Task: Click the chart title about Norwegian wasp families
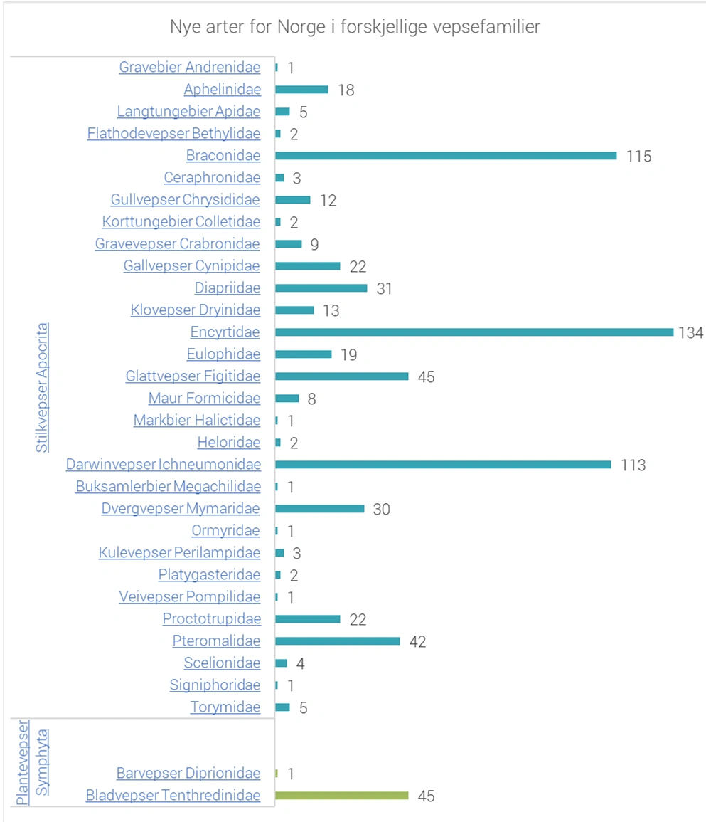pyautogui.click(x=355, y=27)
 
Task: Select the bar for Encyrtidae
pyautogui.click(x=474, y=332)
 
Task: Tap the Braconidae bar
pyautogui.click(x=446, y=156)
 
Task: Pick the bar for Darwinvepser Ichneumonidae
pyautogui.click(x=443, y=465)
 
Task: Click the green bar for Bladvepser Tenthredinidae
pyautogui.click(x=342, y=796)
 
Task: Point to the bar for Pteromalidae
pyautogui.click(x=338, y=641)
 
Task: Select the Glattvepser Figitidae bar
pyautogui.click(x=342, y=376)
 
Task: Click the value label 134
pyautogui.click(x=690, y=333)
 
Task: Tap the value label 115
pyautogui.click(x=638, y=157)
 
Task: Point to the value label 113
pyautogui.click(x=633, y=465)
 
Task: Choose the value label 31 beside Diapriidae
pyautogui.click(x=385, y=289)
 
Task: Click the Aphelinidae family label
pyautogui.click(x=222, y=90)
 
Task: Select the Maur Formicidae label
pyautogui.click(x=204, y=399)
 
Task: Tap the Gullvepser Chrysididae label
pyautogui.click(x=185, y=200)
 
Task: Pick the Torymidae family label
pyautogui.click(x=225, y=707)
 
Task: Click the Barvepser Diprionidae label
pyautogui.click(x=188, y=774)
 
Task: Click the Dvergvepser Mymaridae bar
pyautogui.click(x=320, y=509)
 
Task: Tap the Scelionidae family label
pyautogui.click(x=222, y=663)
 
